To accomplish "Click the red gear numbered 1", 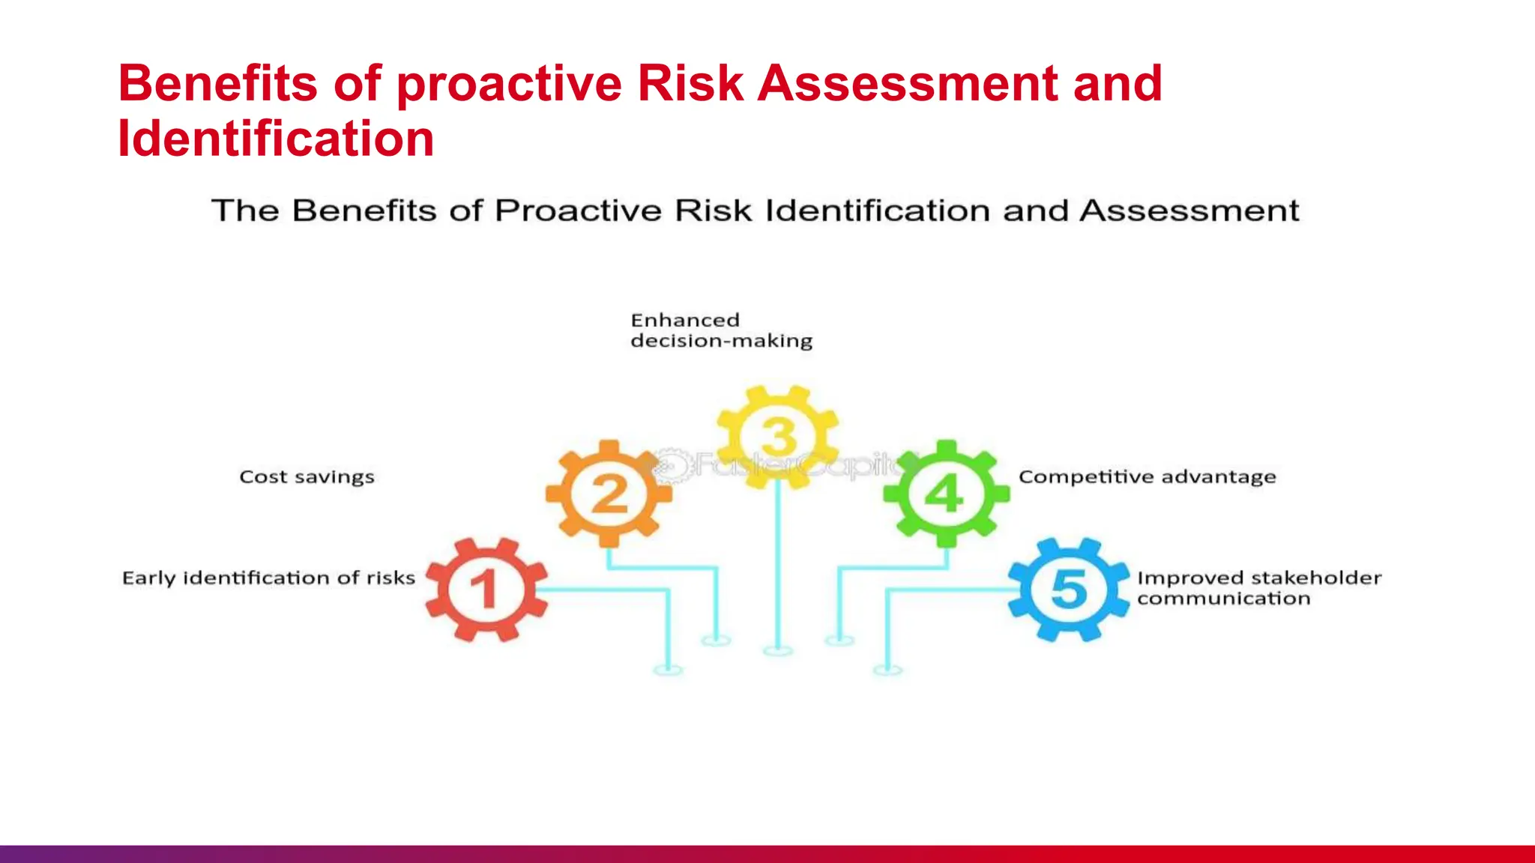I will click(x=486, y=589).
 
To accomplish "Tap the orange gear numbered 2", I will click(x=609, y=494).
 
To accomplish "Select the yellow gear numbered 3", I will click(x=778, y=437).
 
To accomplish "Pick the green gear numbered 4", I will click(x=946, y=494).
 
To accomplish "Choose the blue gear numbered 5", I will click(x=1069, y=589).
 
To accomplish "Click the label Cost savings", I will click(x=307, y=477).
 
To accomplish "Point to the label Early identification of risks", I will click(x=268, y=578).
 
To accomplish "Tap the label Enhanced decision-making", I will click(x=721, y=330).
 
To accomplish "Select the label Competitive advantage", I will click(x=1147, y=477).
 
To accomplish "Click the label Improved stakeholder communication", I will click(x=1258, y=588).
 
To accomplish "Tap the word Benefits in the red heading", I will click(x=217, y=83).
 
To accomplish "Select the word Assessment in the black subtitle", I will click(x=1189, y=211).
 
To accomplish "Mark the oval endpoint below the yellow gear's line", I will click(x=778, y=651).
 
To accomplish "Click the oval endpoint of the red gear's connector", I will click(x=668, y=670).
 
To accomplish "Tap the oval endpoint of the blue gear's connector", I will click(x=887, y=670).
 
